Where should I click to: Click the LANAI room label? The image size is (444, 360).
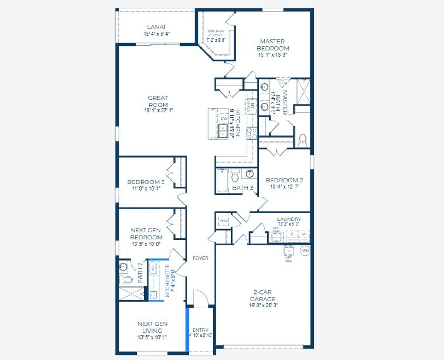pos(156,27)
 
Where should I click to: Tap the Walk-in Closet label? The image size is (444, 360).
pos(216,33)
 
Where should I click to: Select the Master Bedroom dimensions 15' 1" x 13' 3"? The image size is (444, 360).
pos(273,55)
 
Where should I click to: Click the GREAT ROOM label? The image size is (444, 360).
pos(158,101)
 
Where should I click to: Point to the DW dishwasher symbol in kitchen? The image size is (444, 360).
pos(224,119)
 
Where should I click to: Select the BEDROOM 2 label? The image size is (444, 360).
pos(284,180)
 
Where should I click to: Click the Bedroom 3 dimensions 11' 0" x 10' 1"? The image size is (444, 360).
pos(146,189)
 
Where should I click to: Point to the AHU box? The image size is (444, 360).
pos(223,221)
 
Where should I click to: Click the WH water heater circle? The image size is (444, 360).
pos(305,251)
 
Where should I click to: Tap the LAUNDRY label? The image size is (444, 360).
pos(289,219)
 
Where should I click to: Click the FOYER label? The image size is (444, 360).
pos(200,258)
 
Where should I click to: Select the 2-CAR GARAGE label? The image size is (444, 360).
pos(263,296)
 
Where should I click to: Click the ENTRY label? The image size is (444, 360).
pos(200,330)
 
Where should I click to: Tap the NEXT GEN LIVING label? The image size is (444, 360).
pos(152,327)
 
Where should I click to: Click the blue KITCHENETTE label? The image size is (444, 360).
pos(168,281)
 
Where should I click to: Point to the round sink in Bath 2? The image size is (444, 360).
pos(123,267)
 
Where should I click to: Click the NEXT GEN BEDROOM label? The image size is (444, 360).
pos(146,234)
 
